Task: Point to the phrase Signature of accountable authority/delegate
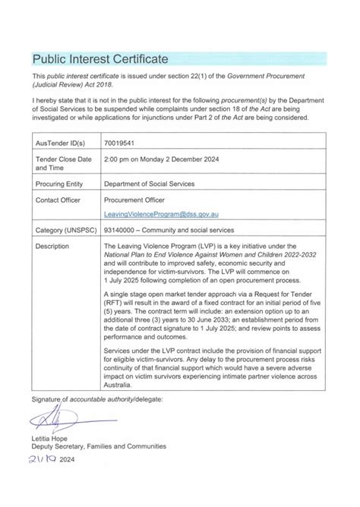pos(96,398)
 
